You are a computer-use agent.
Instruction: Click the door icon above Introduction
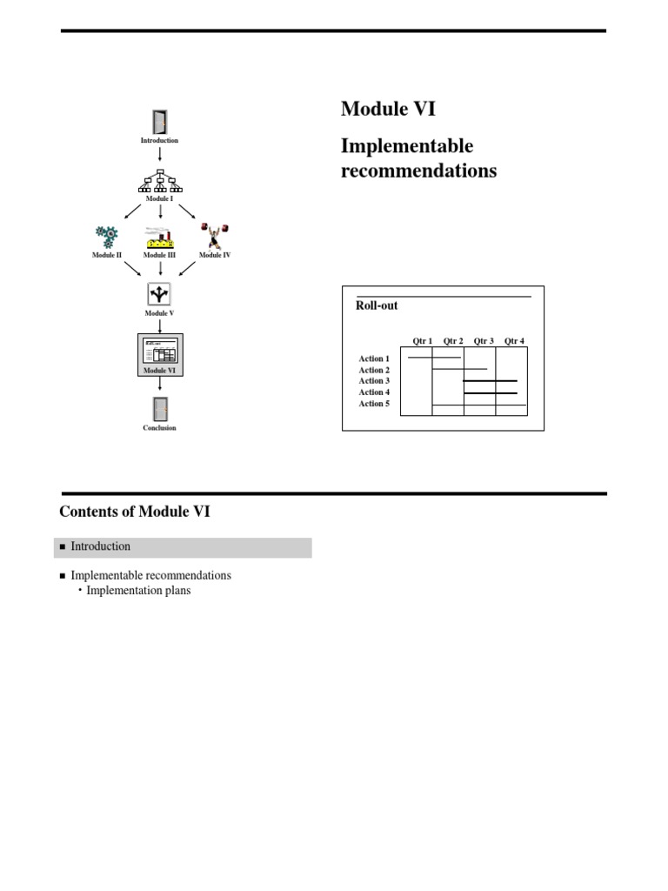pyautogui.click(x=159, y=122)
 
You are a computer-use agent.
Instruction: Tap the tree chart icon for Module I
pyautogui.click(x=159, y=181)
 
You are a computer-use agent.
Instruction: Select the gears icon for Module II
pyautogui.click(x=107, y=237)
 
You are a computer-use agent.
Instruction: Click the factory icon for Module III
pyautogui.click(x=159, y=237)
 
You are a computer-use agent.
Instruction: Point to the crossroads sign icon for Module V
pyautogui.click(x=159, y=293)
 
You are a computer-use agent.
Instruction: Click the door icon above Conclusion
pyautogui.click(x=159, y=409)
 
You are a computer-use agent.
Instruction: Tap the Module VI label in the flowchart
pyautogui.click(x=159, y=370)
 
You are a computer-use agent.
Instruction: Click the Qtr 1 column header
pyautogui.click(x=422, y=341)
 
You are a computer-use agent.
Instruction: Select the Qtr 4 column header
pyautogui.click(x=514, y=341)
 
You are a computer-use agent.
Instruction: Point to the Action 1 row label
pyautogui.click(x=374, y=358)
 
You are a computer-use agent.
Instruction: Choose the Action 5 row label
pyautogui.click(x=374, y=404)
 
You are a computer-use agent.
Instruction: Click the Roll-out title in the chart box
pyautogui.click(x=377, y=306)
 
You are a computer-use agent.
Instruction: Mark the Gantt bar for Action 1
pyautogui.click(x=434, y=357)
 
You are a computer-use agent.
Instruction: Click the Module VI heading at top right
pyautogui.click(x=388, y=109)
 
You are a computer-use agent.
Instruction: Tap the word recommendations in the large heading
pyautogui.click(x=418, y=171)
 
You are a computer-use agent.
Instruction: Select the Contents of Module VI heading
pyautogui.click(x=135, y=512)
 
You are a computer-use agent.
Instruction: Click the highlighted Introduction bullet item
pyautogui.click(x=101, y=546)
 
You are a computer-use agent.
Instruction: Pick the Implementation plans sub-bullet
pyautogui.click(x=138, y=591)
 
